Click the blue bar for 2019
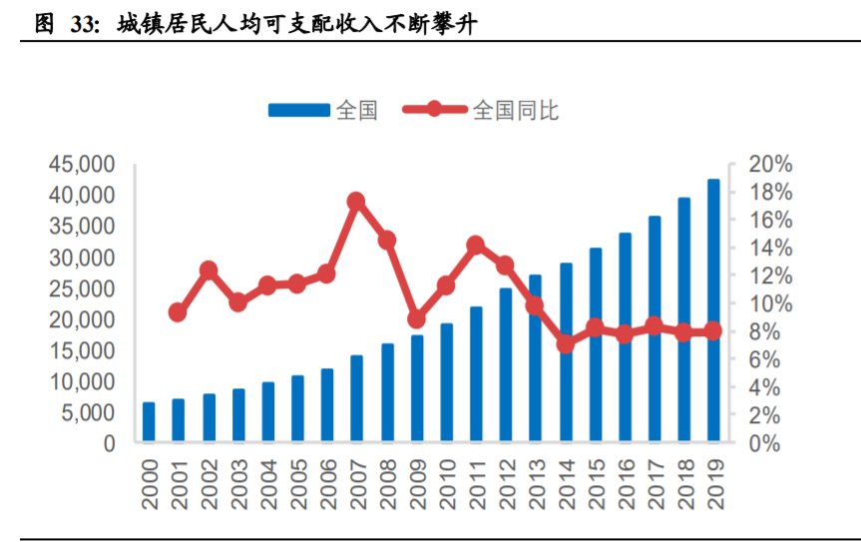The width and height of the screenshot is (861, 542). click(713, 310)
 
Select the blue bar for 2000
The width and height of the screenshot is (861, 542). click(149, 422)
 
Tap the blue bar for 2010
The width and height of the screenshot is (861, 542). click(446, 382)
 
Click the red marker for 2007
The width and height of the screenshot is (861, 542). click(356, 202)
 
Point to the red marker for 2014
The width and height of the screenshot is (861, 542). click(566, 343)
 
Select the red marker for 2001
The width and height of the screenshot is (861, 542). click(178, 312)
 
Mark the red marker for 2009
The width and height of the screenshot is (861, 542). click(416, 319)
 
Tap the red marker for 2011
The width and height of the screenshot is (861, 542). click(476, 245)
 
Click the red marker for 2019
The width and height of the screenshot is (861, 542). click(713, 331)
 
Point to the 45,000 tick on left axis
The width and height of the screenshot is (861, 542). click(81, 164)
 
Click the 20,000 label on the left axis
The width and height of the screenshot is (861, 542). click(81, 319)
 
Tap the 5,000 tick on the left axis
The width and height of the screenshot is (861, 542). click(87, 412)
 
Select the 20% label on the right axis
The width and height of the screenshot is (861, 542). click(744, 164)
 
